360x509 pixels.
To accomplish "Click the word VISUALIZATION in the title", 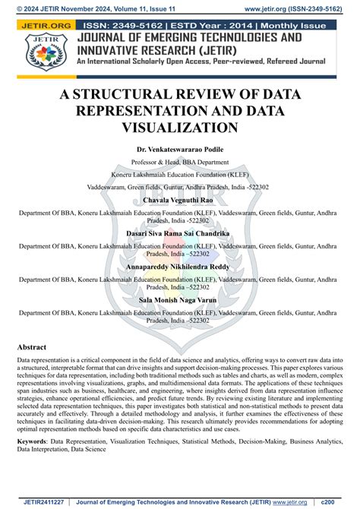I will tap(180, 128).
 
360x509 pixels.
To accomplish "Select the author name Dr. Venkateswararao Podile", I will tap(180, 150).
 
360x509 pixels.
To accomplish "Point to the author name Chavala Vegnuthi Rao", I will tap(180, 200).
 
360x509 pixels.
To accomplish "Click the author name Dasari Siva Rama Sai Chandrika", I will tap(180, 236).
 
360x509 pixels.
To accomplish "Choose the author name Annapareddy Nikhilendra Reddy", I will tap(180, 267).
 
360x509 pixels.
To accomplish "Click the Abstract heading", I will tap(36, 346).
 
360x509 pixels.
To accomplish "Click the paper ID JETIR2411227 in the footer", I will tap(44, 502).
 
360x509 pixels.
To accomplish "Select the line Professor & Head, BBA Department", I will tap(180, 163).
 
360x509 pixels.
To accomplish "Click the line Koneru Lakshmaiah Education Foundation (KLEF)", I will tap(180, 175).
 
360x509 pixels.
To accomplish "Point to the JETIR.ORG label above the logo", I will tap(40, 26).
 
